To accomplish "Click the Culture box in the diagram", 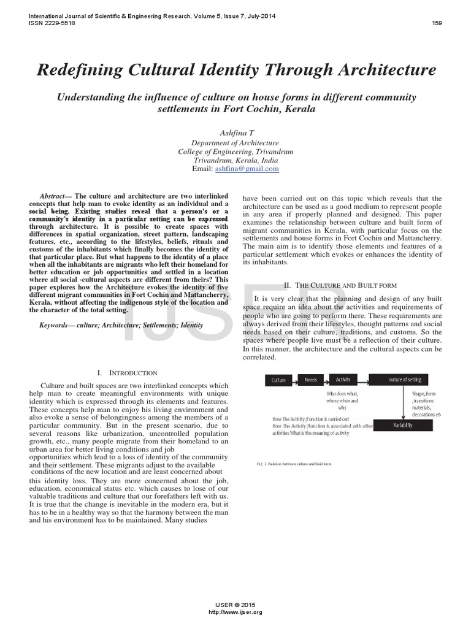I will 278,380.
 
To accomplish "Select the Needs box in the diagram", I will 311,380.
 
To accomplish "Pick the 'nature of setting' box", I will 407,380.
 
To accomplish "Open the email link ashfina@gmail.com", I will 247,168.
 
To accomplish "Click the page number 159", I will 437,23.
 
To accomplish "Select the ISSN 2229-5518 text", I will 47,23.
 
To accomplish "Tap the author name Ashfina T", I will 235,133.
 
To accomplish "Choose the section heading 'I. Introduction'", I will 127,372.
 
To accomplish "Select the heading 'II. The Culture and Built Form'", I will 341,285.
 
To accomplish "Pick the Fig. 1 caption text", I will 294,464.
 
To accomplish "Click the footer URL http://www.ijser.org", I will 235,612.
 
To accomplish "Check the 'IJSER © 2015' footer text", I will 235,605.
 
